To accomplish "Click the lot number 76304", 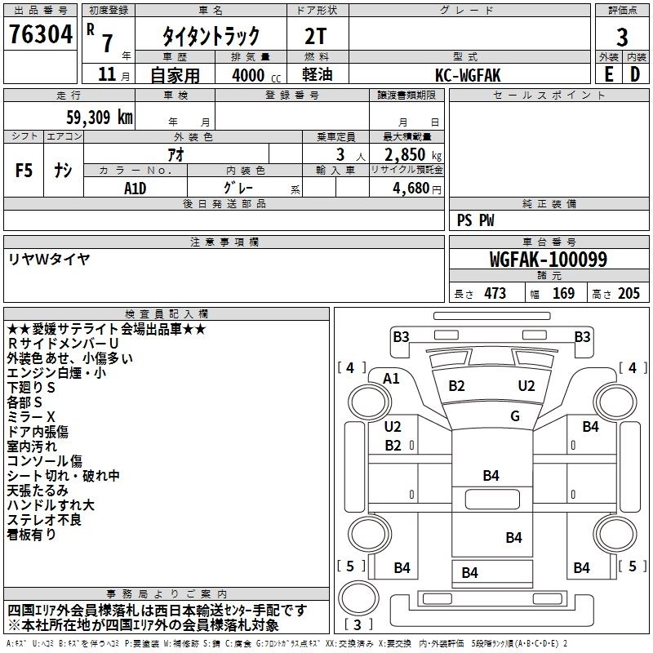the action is point(41,34).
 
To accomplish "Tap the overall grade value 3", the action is point(622,38).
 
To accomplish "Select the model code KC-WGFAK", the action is point(468,75).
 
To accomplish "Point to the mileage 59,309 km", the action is point(100,118).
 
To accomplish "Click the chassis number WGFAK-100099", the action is point(549,259).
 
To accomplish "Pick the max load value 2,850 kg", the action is point(413,155).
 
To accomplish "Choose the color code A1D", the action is point(135,189).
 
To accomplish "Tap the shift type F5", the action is point(24,171).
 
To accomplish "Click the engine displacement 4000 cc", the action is point(256,75).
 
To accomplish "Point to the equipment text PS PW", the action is point(475,220).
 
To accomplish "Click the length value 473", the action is point(495,293).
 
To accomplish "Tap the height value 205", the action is point(629,293).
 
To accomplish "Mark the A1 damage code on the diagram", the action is point(391,379).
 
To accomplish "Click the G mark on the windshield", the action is point(515,415).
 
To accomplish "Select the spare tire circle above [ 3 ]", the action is point(359,597).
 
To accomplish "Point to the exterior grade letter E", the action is point(609,74).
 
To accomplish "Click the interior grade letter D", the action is point(635,74).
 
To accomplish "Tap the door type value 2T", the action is point(315,36).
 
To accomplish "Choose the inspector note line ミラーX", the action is point(31,417).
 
